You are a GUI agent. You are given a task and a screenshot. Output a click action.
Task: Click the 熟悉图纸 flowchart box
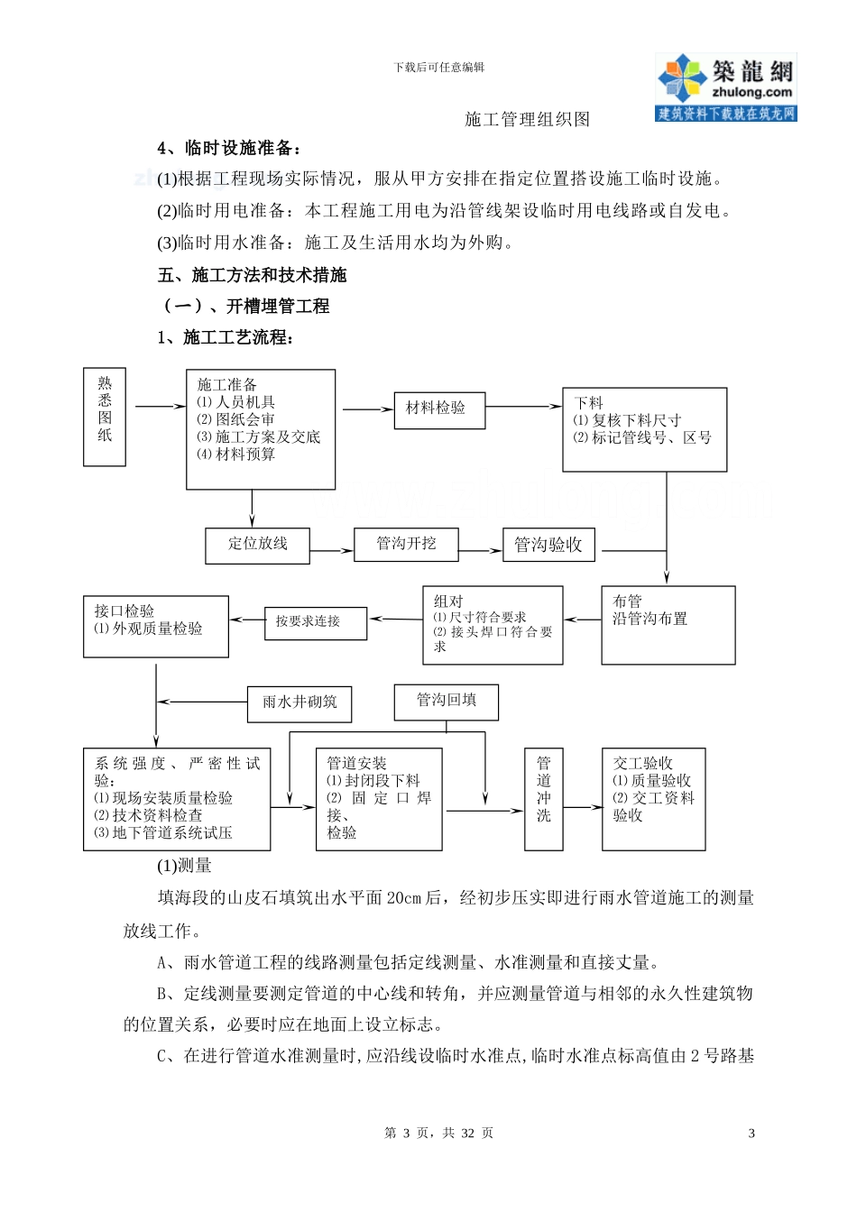105,417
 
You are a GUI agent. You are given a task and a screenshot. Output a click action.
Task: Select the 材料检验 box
439,410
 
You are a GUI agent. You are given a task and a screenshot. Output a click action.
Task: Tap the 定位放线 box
257,546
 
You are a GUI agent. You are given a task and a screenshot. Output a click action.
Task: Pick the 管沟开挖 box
406,545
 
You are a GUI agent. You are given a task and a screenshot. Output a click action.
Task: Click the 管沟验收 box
548,545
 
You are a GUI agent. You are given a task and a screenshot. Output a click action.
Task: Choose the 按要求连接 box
316,622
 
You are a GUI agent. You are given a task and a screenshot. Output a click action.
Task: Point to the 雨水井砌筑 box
299,703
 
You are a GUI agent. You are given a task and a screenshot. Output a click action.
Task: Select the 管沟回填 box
446,702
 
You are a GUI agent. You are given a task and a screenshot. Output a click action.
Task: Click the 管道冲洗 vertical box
544,799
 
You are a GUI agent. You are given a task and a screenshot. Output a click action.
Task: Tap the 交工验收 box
653,799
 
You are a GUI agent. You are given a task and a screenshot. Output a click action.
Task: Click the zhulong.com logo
726,87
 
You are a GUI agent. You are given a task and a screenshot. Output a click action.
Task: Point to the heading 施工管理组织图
527,119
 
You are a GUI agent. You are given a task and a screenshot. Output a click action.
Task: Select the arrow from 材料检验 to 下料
524,407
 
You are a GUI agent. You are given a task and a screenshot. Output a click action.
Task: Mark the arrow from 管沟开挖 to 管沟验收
481,550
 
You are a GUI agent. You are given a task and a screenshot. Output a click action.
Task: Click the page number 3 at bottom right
751,1134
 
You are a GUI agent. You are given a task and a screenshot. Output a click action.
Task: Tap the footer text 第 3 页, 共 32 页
438,1134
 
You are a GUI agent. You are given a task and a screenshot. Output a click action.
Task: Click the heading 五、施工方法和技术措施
252,275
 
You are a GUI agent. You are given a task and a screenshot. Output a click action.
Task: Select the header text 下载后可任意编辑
438,67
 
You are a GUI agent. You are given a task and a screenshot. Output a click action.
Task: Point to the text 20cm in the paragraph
404,898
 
